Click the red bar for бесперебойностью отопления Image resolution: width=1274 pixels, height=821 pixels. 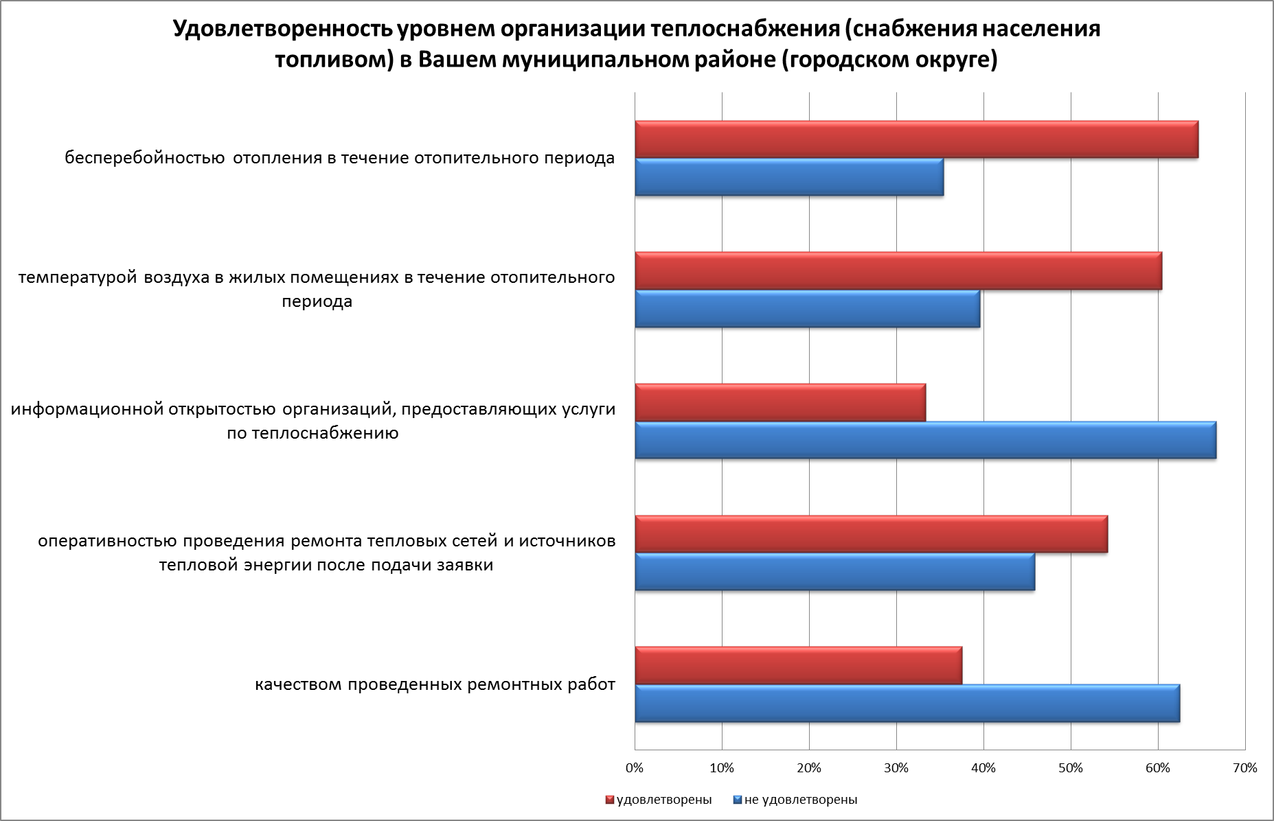tap(916, 139)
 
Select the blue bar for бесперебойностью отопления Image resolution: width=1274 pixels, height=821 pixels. tap(789, 177)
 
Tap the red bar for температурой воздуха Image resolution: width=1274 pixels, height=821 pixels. tap(898, 271)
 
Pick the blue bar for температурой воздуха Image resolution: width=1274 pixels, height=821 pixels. tap(807, 309)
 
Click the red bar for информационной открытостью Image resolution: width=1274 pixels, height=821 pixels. tap(780, 402)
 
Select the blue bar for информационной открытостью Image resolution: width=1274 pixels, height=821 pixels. tap(925, 440)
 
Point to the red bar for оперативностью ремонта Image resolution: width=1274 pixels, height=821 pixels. tap(871, 534)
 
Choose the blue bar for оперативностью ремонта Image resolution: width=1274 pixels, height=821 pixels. tap(834, 572)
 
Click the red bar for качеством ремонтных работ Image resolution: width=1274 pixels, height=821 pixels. tap(798, 666)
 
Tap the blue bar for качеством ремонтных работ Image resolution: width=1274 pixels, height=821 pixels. tap(907, 704)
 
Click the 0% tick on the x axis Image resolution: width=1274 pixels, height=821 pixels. tap(635, 768)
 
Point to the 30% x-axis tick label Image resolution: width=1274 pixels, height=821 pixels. tap(896, 768)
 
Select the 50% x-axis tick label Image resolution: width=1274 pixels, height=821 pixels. tap(1071, 768)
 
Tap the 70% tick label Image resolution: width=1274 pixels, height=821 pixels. tap(1245, 768)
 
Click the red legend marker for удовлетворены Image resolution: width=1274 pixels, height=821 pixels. tap(609, 800)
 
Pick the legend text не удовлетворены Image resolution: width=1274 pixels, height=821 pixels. tap(801, 800)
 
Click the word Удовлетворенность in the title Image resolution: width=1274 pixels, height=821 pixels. tap(282, 29)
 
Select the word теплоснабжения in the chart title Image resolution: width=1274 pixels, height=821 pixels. tap(744, 29)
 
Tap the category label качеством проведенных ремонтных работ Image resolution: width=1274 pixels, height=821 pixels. tap(435, 685)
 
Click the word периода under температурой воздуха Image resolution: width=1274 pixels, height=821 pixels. tap(317, 301)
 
